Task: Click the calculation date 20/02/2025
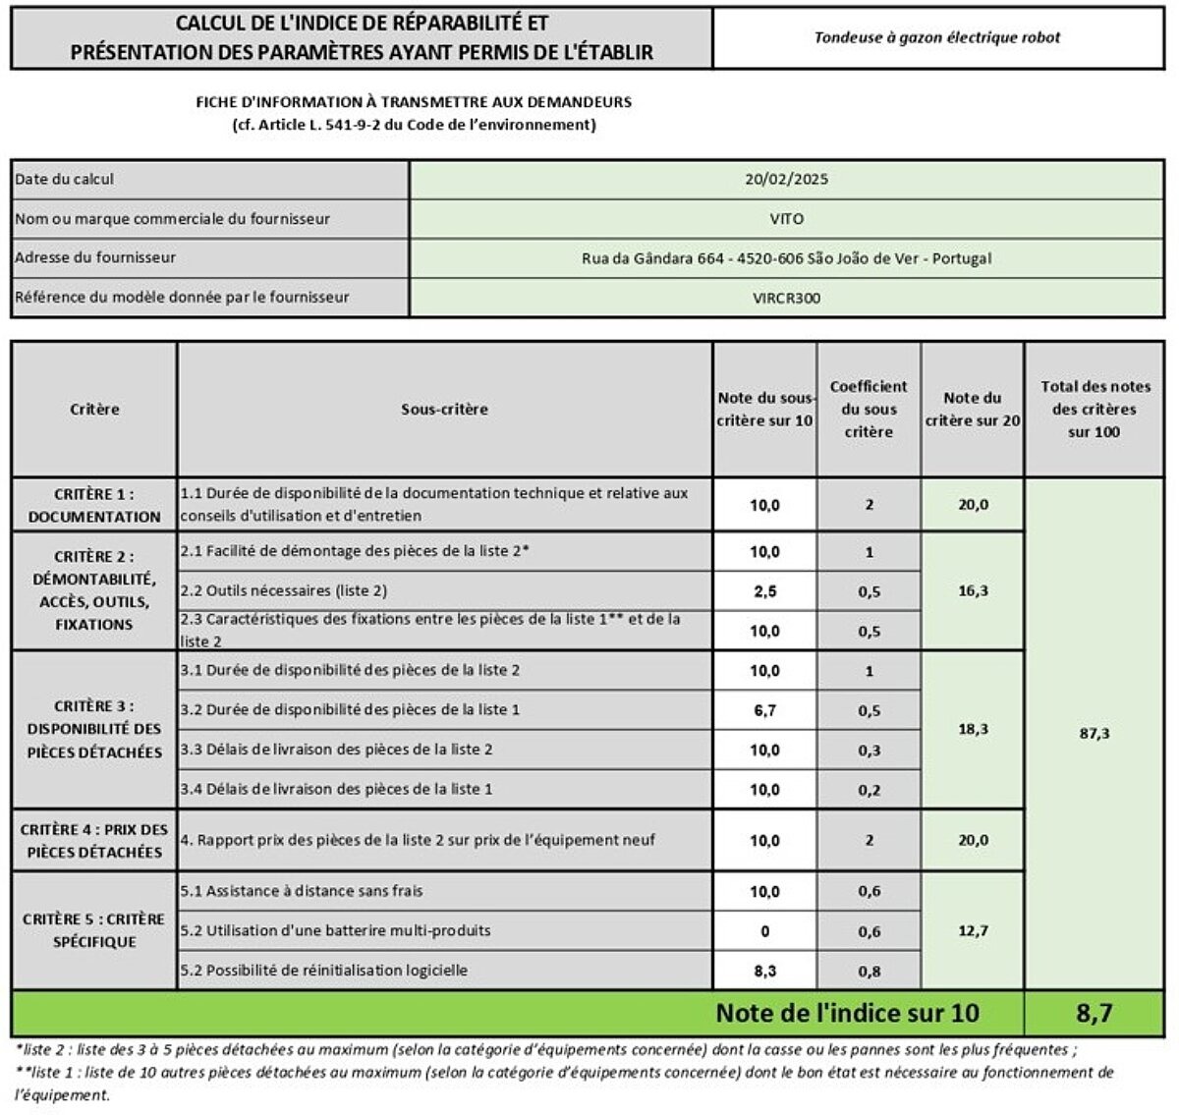click(786, 180)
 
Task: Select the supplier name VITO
click(786, 219)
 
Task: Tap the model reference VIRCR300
click(786, 298)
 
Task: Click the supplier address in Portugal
click(786, 258)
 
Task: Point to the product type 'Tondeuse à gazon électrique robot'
click(936, 38)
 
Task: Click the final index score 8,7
click(1094, 1013)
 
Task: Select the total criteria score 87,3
click(1094, 734)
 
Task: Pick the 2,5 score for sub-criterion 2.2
click(764, 591)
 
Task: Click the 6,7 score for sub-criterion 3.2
click(764, 710)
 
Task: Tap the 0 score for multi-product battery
click(764, 931)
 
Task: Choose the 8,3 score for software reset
click(764, 971)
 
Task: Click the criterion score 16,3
click(972, 591)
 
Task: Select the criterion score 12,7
click(972, 930)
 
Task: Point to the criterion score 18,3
click(972, 730)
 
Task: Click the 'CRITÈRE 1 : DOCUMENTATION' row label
click(94, 505)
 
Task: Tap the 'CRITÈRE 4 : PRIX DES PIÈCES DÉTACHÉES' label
click(94, 841)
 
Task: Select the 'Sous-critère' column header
click(444, 410)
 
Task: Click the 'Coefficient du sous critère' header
click(869, 410)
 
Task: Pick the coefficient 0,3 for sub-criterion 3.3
click(869, 751)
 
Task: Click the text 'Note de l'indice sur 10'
click(847, 1013)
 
